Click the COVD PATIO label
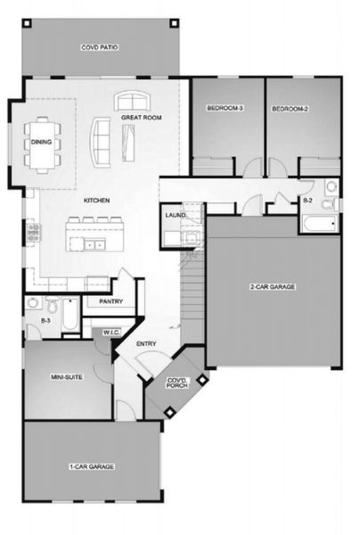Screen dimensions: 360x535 coord(100,47)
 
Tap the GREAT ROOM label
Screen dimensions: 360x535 coord(142,118)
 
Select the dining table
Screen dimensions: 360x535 coord(42,145)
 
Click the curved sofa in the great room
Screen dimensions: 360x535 coord(100,143)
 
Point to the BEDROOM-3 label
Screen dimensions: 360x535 coord(225,108)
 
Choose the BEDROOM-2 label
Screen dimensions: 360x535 coord(290,109)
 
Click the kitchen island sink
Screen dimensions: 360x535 coord(94,244)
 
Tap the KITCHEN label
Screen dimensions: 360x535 coord(97,201)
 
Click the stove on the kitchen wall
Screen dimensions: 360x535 coord(33,233)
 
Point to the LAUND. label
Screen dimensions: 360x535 coord(176,215)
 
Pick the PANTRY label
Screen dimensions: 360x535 coord(111,301)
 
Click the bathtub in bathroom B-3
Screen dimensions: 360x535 coord(70,314)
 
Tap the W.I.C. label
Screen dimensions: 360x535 coord(111,332)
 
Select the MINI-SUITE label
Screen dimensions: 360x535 coord(67,377)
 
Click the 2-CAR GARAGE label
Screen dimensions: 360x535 coord(273,287)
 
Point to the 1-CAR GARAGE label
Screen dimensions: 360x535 coord(92,466)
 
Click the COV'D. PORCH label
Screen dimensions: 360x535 coord(177,383)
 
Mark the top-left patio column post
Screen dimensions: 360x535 coord(28,23)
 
